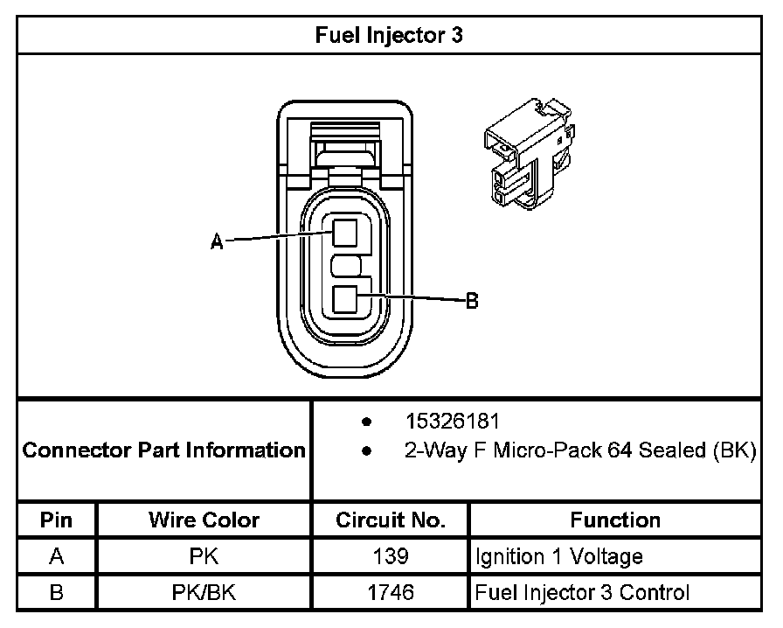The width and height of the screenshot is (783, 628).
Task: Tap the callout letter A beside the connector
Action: [217, 242]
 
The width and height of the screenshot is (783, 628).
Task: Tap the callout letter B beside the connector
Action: [472, 301]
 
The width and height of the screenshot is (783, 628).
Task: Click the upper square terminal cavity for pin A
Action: [346, 233]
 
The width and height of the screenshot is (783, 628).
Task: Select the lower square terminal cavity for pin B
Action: [346, 301]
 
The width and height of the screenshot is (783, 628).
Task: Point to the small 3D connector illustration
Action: [528, 154]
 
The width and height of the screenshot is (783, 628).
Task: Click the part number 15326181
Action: [452, 422]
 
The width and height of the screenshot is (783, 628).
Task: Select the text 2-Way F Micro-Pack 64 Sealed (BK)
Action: [579, 451]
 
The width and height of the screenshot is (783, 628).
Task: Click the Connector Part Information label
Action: [163, 450]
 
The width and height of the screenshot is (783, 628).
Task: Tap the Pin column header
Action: [56, 520]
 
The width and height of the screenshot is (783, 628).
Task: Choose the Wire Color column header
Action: [204, 520]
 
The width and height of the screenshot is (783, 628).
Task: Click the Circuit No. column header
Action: [391, 520]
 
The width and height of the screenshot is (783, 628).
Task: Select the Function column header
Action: [615, 520]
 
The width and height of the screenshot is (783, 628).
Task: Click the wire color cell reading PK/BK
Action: [204, 592]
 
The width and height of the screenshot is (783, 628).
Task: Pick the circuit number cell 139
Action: [391, 556]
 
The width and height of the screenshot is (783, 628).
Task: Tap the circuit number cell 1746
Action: [391, 592]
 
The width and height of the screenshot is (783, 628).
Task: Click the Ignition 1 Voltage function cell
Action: [559, 556]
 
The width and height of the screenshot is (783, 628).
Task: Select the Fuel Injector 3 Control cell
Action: [582, 592]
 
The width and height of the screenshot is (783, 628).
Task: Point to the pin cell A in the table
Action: [56, 556]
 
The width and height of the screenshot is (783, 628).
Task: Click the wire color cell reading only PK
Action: [204, 556]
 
